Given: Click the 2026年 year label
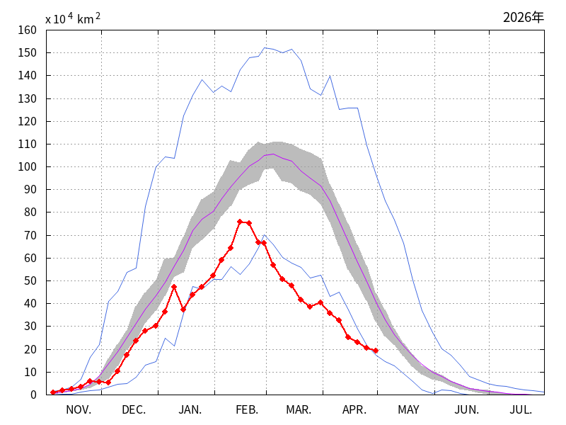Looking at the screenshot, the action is coord(523,17).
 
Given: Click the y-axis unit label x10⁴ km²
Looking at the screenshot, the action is coord(73,18).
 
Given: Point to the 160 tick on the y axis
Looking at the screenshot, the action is coord(28,30).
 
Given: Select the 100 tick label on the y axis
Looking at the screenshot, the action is coord(28,167).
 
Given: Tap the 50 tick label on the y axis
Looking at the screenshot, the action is coord(30,280).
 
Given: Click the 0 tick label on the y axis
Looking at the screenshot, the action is coord(33,395).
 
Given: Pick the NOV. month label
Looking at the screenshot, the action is coord(79,410).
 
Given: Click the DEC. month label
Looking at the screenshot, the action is coord(134,410).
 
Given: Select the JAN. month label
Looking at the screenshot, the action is coord(190,410).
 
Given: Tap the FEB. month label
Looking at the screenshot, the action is coord(247,410).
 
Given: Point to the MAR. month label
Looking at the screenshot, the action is coord(299,410).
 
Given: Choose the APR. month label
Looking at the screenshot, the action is coord(354,410).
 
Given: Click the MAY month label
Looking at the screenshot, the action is coord(409,410).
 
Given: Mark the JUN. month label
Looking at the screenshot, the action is coord(467,410).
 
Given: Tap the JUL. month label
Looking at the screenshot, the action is coord(521,410).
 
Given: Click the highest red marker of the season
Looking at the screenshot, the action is coord(240,222).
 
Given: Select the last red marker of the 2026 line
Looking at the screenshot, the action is coord(376,351).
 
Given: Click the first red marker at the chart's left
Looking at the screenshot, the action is coord(53,392).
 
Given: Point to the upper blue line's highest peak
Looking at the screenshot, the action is coord(265,47).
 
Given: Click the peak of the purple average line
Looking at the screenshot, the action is coord(273,154).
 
